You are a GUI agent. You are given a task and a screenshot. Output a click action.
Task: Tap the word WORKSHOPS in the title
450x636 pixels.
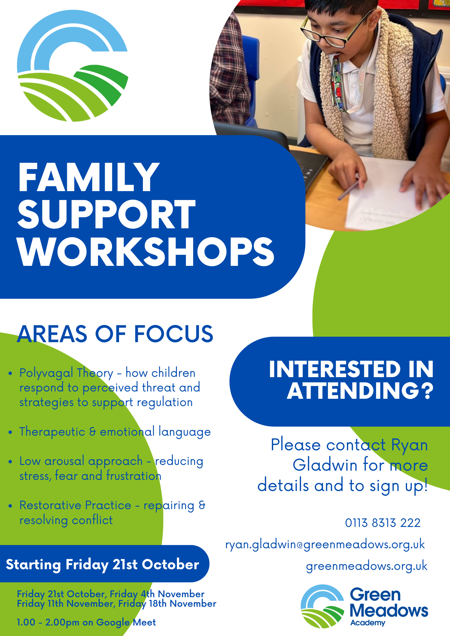[146, 252]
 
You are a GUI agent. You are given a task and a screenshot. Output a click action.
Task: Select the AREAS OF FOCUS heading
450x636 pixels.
[115, 334]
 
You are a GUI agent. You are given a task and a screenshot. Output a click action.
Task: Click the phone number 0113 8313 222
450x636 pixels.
[383, 523]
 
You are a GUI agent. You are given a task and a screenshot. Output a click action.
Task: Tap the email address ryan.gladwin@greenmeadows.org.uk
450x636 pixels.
[325, 545]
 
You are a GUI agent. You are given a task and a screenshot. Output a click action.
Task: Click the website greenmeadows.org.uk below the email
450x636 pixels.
[366, 566]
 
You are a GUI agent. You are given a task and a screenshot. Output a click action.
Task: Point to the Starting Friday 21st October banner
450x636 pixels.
[102, 564]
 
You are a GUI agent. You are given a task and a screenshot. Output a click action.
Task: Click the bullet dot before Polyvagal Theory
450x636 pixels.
[11, 373]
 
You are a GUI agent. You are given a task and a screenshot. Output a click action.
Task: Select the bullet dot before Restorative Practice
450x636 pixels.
[11, 506]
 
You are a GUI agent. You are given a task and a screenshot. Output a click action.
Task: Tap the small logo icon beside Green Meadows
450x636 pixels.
[322, 607]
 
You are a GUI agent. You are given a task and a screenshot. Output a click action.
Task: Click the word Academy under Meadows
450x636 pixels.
[368, 623]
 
